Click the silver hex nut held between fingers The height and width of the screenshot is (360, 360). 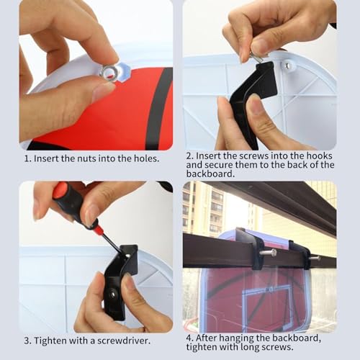click(x=109, y=72)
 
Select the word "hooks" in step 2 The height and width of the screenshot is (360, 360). click(x=319, y=156)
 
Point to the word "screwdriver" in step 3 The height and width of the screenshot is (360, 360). click(x=123, y=341)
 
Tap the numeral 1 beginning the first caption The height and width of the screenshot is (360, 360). click(x=27, y=158)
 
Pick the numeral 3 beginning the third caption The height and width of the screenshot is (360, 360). click(x=27, y=341)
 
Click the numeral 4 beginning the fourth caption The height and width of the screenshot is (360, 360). click(x=189, y=338)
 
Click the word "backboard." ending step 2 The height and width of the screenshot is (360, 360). click(x=210, y=174)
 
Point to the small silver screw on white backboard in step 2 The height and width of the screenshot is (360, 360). click(x=287, y=65)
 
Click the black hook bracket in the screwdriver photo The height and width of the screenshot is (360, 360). click(x=120, y=281)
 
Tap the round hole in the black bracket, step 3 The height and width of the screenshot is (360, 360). click(x=112, y=294)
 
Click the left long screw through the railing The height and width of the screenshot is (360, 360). click(x=268, y=253)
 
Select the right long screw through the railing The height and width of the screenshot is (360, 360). click(x=315, y=259)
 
